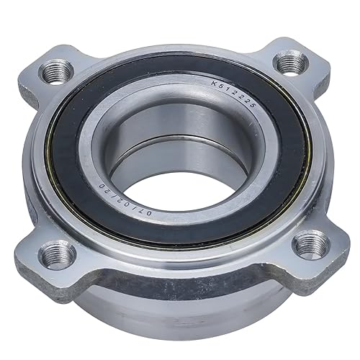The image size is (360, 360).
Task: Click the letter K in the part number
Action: click(214, 84)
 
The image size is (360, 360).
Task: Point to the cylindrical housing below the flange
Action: click(180, 310)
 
